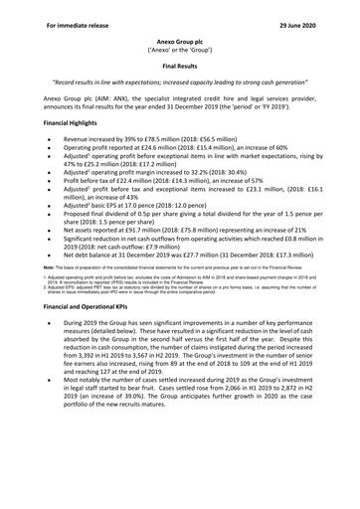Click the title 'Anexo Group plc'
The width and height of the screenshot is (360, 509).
[x=180, y=32]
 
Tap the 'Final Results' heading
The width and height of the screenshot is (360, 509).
[x=180, y=61]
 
